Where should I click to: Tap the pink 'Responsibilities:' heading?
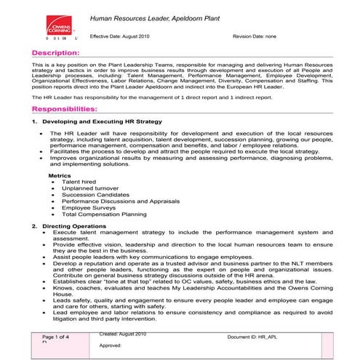point(71,107)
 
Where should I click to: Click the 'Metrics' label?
point(60,175)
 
